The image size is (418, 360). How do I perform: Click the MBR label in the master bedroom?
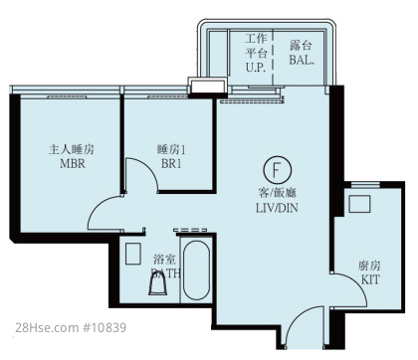pos(73,163)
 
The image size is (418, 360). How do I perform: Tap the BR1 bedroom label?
pos(171,163)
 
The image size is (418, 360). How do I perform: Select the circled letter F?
pos(278,170)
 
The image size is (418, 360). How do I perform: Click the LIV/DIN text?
pos(277,208)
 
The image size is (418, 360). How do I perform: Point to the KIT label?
pos(370,279)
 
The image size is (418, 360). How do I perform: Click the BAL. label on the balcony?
pos(302,60)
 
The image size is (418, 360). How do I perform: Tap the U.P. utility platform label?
pos(256,68)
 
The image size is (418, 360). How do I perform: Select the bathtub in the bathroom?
pos(196,270)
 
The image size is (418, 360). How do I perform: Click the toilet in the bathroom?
pos(157,284)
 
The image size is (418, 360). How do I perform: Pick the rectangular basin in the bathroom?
pos(133,254)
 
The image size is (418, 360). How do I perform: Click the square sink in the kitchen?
pos(359,204)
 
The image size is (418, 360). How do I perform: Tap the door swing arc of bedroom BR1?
pos(148,166)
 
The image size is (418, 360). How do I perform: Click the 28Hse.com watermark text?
pos(47,328)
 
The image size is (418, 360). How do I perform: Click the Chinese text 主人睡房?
pos(72,149)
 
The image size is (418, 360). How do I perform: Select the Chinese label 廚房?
pos(369,266)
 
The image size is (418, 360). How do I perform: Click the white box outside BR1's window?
pos(208,86)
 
